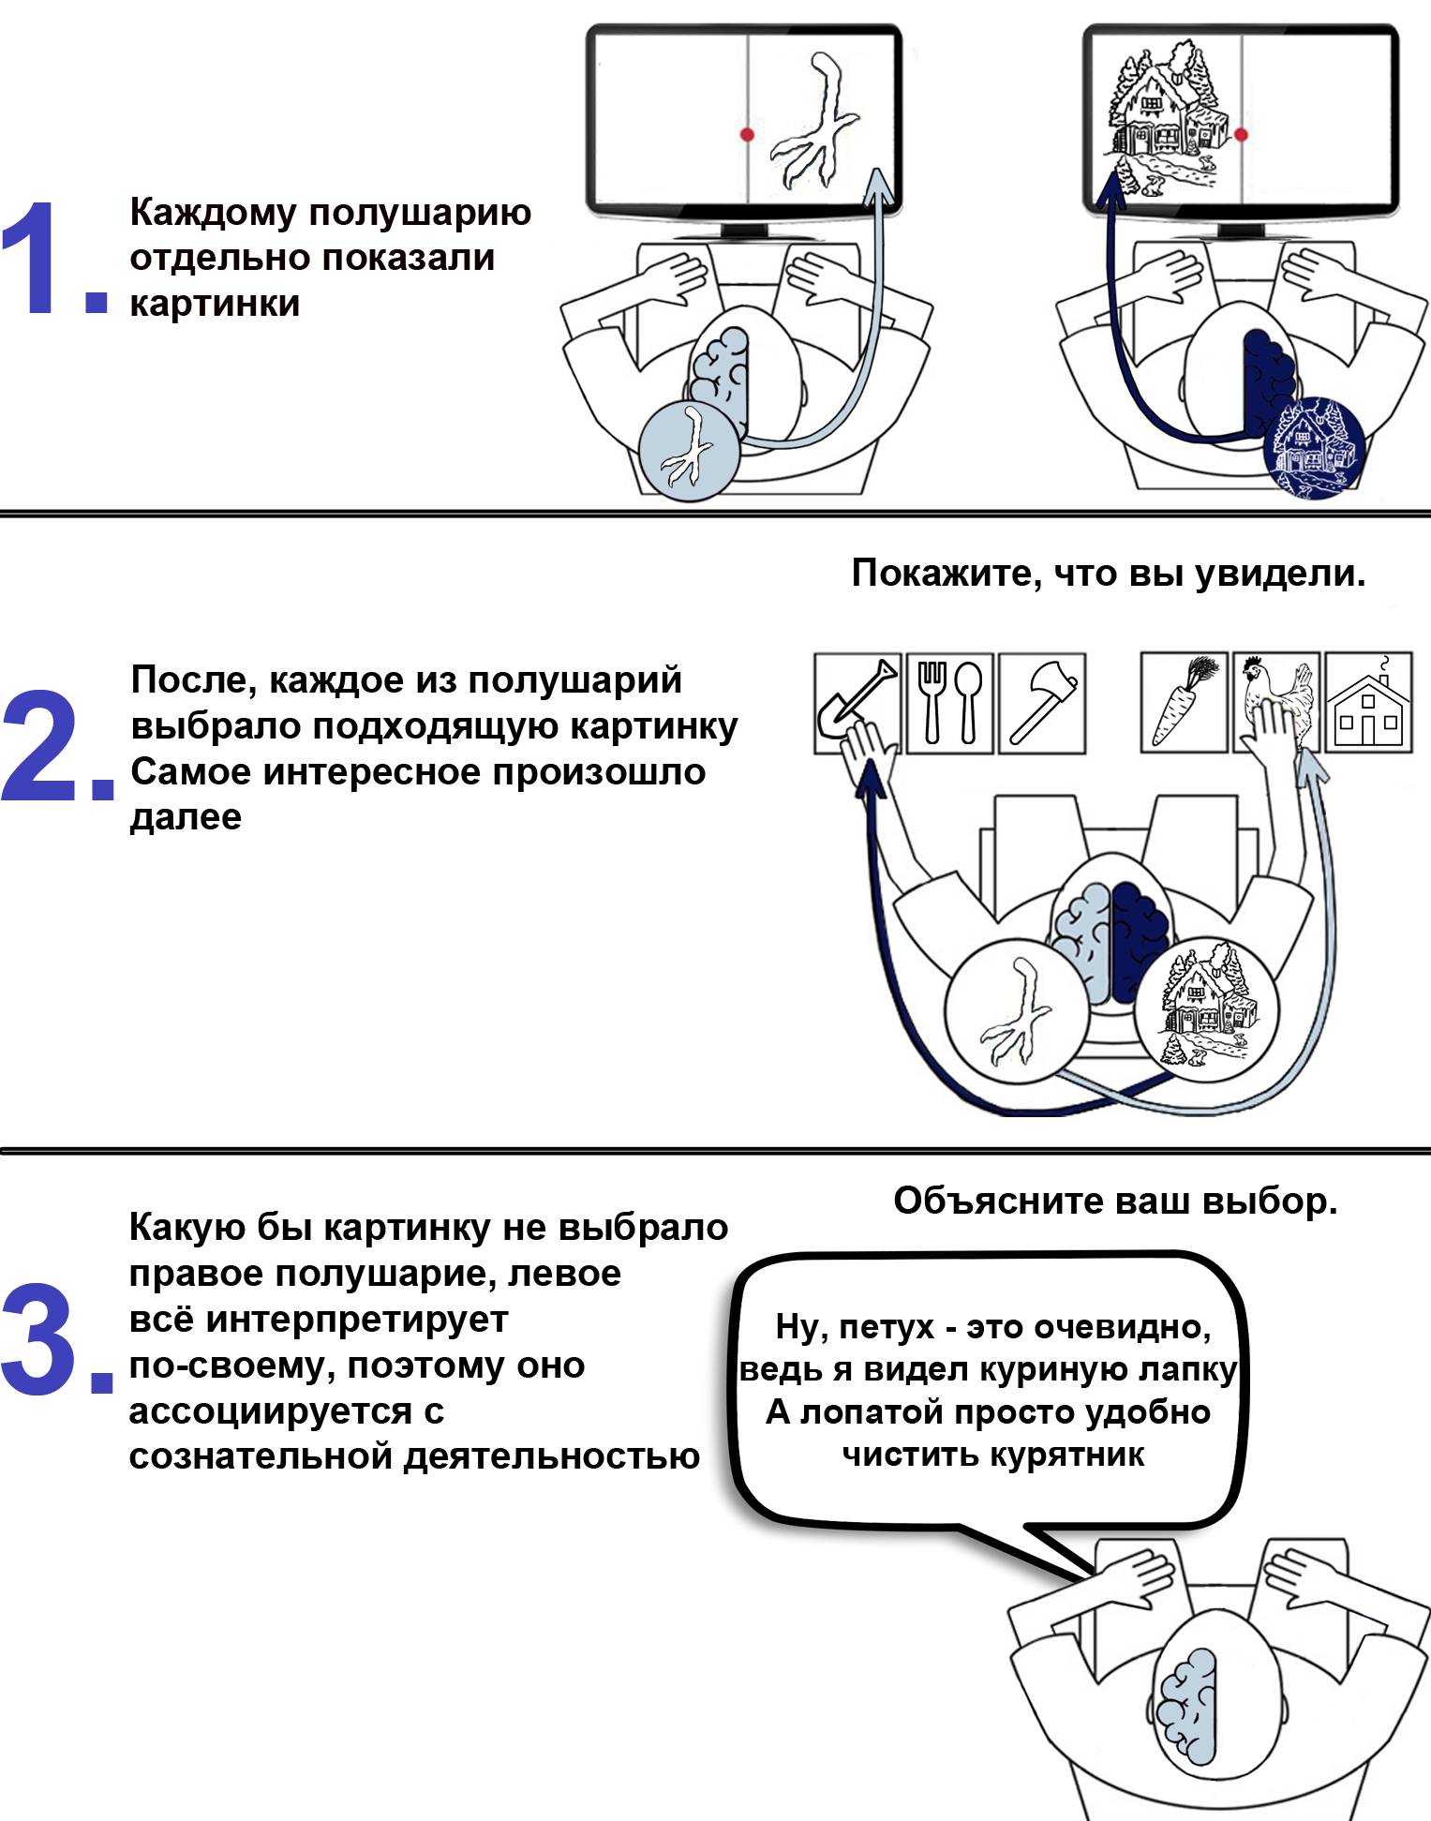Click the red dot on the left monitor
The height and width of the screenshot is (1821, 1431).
[747, 134]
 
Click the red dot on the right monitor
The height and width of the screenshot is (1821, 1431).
[1242, 134]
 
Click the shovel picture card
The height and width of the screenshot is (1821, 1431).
[857, 702]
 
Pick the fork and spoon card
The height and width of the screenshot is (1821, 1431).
[948, 702]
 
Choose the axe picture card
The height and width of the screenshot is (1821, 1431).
[1041, 702]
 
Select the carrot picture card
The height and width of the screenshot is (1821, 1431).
[1184, 702]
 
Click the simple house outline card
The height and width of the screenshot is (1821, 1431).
[1369, 702]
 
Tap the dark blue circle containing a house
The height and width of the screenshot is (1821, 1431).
[1314, 446]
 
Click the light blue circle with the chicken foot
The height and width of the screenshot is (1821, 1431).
[690, 450]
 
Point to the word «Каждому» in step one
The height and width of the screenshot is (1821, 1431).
[212, 213]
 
